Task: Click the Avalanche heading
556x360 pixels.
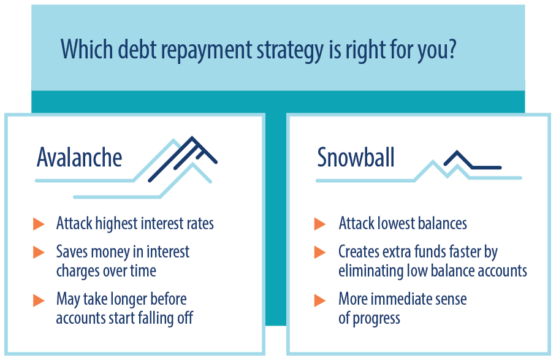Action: pyautogui.click(x=80, y=157)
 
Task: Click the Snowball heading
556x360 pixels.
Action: pyautogui.click(x=356, y=157)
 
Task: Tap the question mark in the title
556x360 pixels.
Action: pyautogui.click(x=451, y=49)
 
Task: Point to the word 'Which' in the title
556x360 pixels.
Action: pyautogui.click(x=87, y=49)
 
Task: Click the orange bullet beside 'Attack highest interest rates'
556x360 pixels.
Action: pyautogui.click(x=39, y=224)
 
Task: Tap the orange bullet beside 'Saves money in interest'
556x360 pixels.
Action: pyautogui.click(x=39, y=252)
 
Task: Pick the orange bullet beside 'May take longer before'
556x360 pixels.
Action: pyautogui.click(x=39, y=300)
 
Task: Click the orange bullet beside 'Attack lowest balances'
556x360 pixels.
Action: pyautogui.click(x=320, y=224)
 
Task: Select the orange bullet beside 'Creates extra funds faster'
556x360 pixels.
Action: pyautogui.click(x=320, y=252)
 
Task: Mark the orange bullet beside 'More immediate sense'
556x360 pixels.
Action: pyautogui.click(x=320, y=300)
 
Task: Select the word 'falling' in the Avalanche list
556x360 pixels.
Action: pyautogui.click(x=155, y=318)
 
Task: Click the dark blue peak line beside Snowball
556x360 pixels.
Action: pyautogui.click(x=472, y=160)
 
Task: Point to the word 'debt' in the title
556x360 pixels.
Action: pyautogui.click(x=137, y=49)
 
